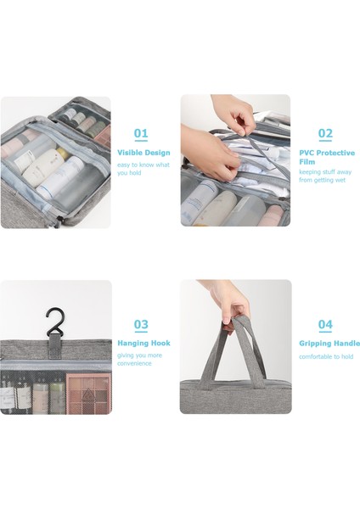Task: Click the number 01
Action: [141, 133]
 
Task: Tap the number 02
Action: [325, 133]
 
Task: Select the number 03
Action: [141, 324]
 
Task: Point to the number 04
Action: [325, 324]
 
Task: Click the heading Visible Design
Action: [143, 153]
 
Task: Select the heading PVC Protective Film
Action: [327, 157]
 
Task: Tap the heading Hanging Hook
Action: [143, 343]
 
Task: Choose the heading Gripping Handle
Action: [329, 344]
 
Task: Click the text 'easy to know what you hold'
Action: [143, 169]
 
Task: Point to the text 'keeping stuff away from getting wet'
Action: [325, 176]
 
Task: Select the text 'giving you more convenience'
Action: [139, 360]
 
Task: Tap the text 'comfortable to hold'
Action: [326, 356]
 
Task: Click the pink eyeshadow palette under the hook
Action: [88, 394]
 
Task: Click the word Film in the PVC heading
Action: [307, 161]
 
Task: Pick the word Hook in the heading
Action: [160, 343]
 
